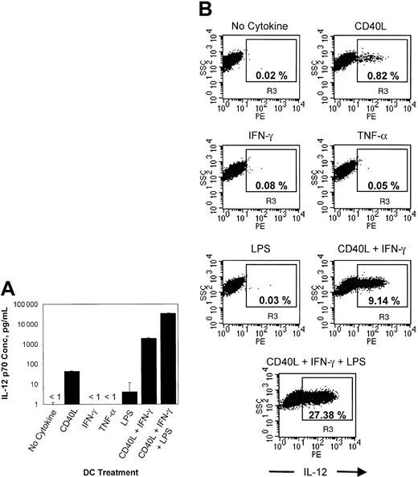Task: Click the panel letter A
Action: click(x=10, y=286)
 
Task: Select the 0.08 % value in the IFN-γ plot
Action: click(x=272, y=187)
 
